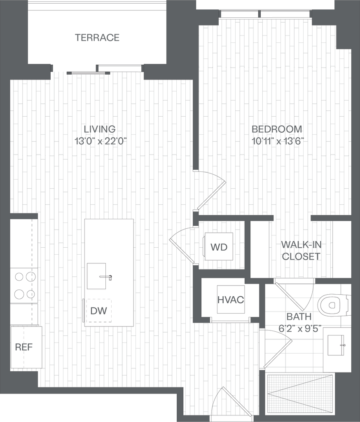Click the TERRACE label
point(97,38)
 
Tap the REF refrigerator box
point(26,347)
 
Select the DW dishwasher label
point(98,311)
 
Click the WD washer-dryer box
point(219,247)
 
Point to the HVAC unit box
point(231,300)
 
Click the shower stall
point(300,394)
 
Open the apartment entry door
point(236,401)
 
